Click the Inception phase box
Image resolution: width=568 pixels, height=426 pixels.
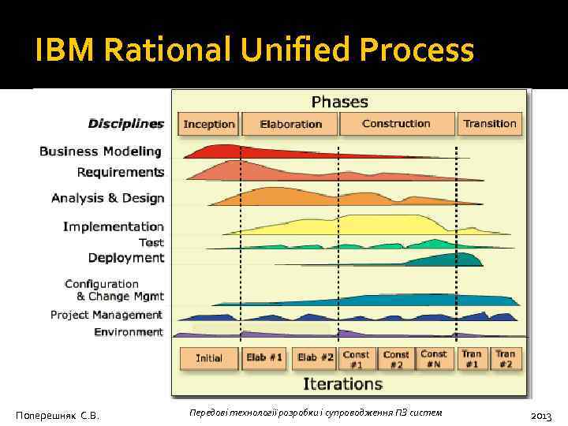(209, 124)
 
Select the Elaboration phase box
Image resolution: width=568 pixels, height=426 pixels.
(290, 124)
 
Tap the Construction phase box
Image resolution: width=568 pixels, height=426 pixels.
(396, 124)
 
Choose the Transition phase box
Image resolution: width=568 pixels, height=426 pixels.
(490, 124)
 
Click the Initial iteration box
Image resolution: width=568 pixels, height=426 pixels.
(208, 357)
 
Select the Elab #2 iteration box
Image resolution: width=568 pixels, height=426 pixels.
(316, 357)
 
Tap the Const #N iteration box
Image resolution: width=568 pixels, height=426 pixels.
(434, 358)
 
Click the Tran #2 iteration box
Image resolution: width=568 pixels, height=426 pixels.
(505, 358)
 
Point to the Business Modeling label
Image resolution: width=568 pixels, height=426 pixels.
(100, 151)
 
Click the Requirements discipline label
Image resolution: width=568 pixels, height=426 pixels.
(121, 172)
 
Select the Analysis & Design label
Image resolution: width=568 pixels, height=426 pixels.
(107, 198)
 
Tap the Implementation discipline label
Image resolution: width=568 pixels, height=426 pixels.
(114, 226)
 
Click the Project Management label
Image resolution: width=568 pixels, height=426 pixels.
(106, 315)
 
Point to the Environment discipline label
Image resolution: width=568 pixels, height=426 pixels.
(129, 332)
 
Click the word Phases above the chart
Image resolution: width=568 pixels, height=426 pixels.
(339, 102)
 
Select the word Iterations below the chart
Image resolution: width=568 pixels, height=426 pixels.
(342, 384)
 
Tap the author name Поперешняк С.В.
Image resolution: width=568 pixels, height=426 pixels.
(58, 415)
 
